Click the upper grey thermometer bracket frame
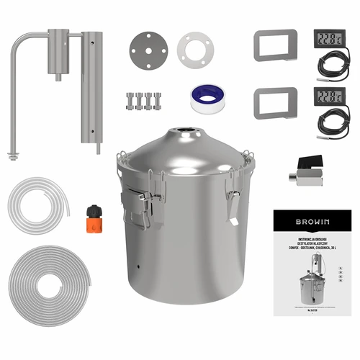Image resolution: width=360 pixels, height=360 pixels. click(x=275, y=46)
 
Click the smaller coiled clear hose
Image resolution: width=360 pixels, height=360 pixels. click(x=38, y=204)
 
